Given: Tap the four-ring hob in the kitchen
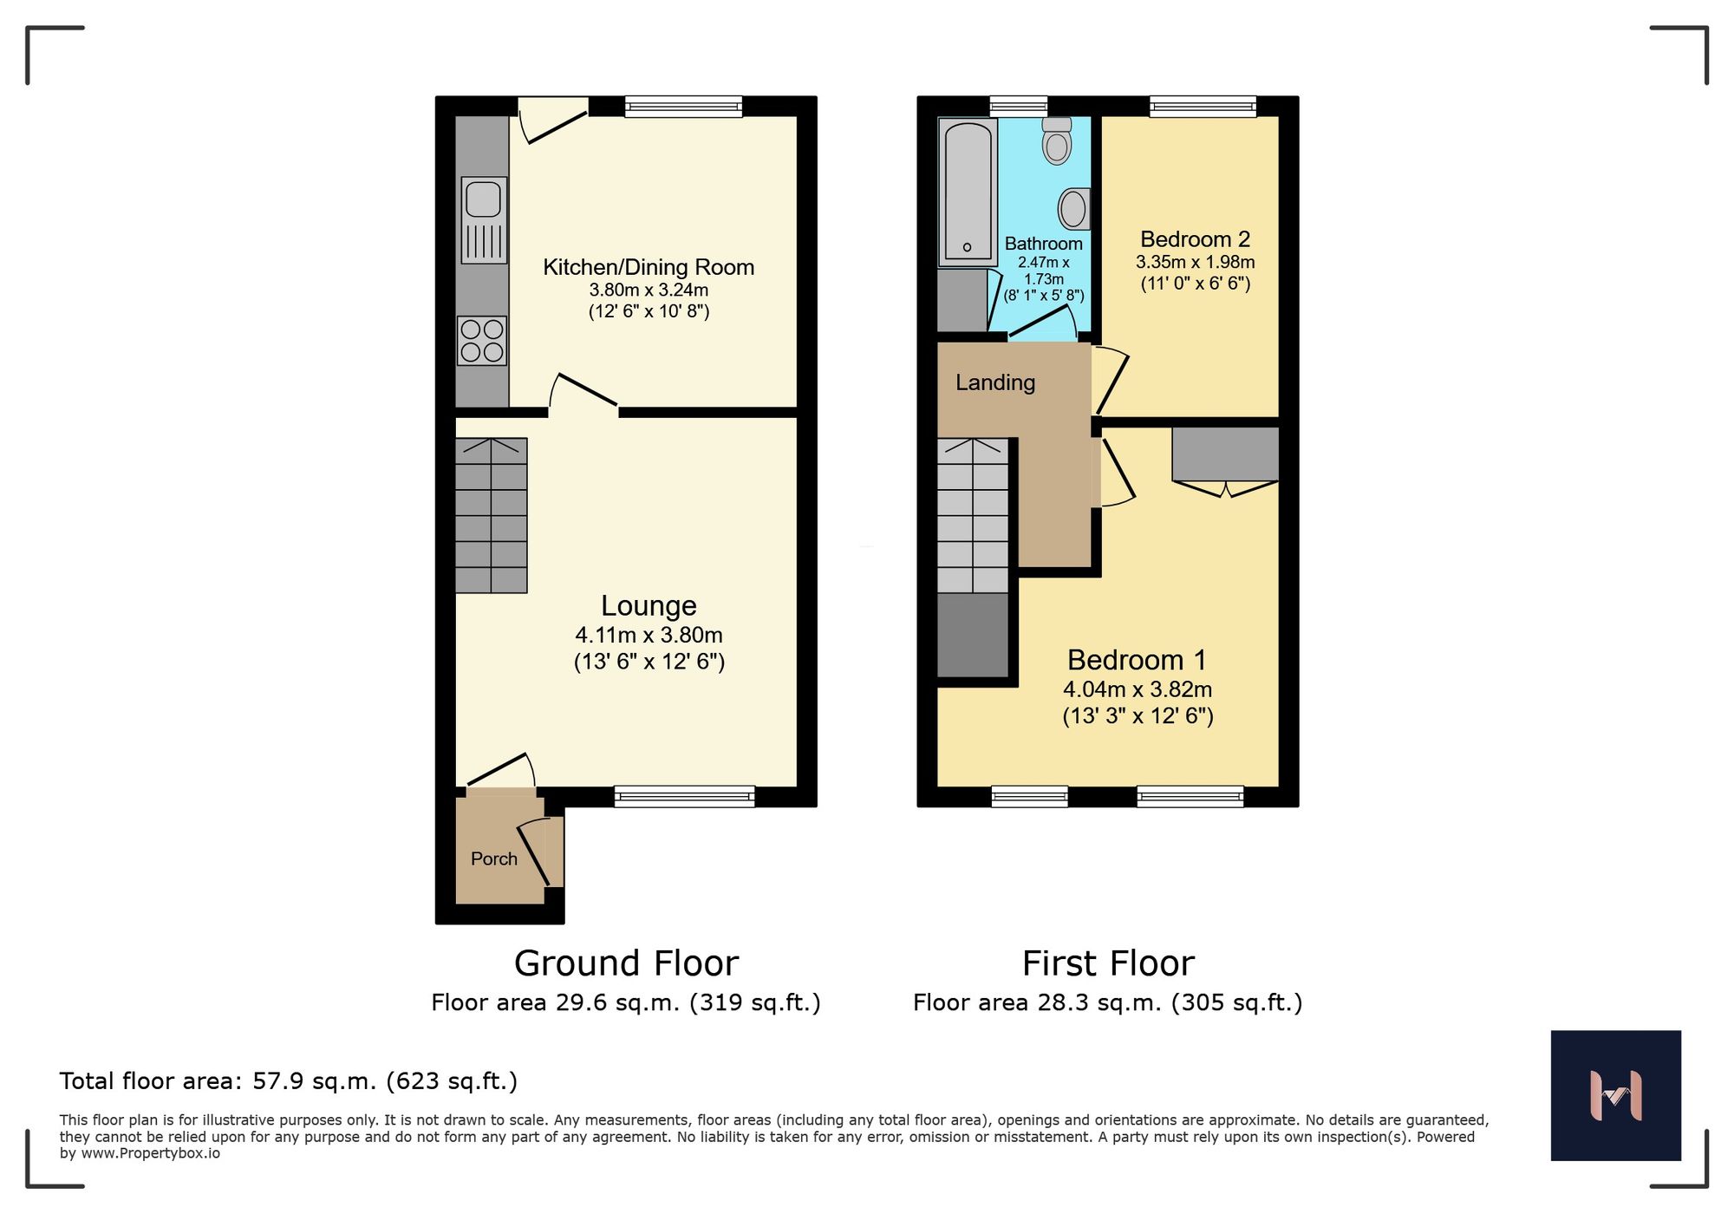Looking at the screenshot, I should pyautogui.click(x=482, y=341).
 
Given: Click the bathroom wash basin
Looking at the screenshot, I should pyautogui.click(x=1073, y=209).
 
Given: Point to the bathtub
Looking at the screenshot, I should pyautogui.click(x=968, y=192).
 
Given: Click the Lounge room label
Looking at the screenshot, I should pyautogui.click(x=649, y=605).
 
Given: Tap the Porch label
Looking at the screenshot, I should pyautogui.click(x=493, y=858).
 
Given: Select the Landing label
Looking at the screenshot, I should pyautogui.click(x=994, y=382).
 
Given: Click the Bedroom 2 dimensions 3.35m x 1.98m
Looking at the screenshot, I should pyautogui.click(x=1195, y=262).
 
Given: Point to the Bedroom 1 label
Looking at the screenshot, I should pyautogui.click(x=1137, y=660).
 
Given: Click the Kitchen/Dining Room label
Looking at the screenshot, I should pyautogui.click(x=649, y=267).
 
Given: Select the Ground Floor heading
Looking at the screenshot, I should pyautogui.click(x=626, y=963).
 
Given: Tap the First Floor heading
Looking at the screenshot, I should pyautogui.click(x=1108, y=963).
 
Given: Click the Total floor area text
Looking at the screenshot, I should pyautogui.click(x=288, y=1081).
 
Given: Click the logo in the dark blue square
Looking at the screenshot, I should pyautogui.click(x=1615, y=1095).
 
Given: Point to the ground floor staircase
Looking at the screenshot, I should pyautogui.click(x=492, y=516).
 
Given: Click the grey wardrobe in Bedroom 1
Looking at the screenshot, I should pyautogui.click(x=1225, y=454).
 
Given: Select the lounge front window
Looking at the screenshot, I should pyautogui.click(x=684, y=796).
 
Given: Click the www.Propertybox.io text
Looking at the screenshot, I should pyautogui.click(x=150, y=1153).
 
